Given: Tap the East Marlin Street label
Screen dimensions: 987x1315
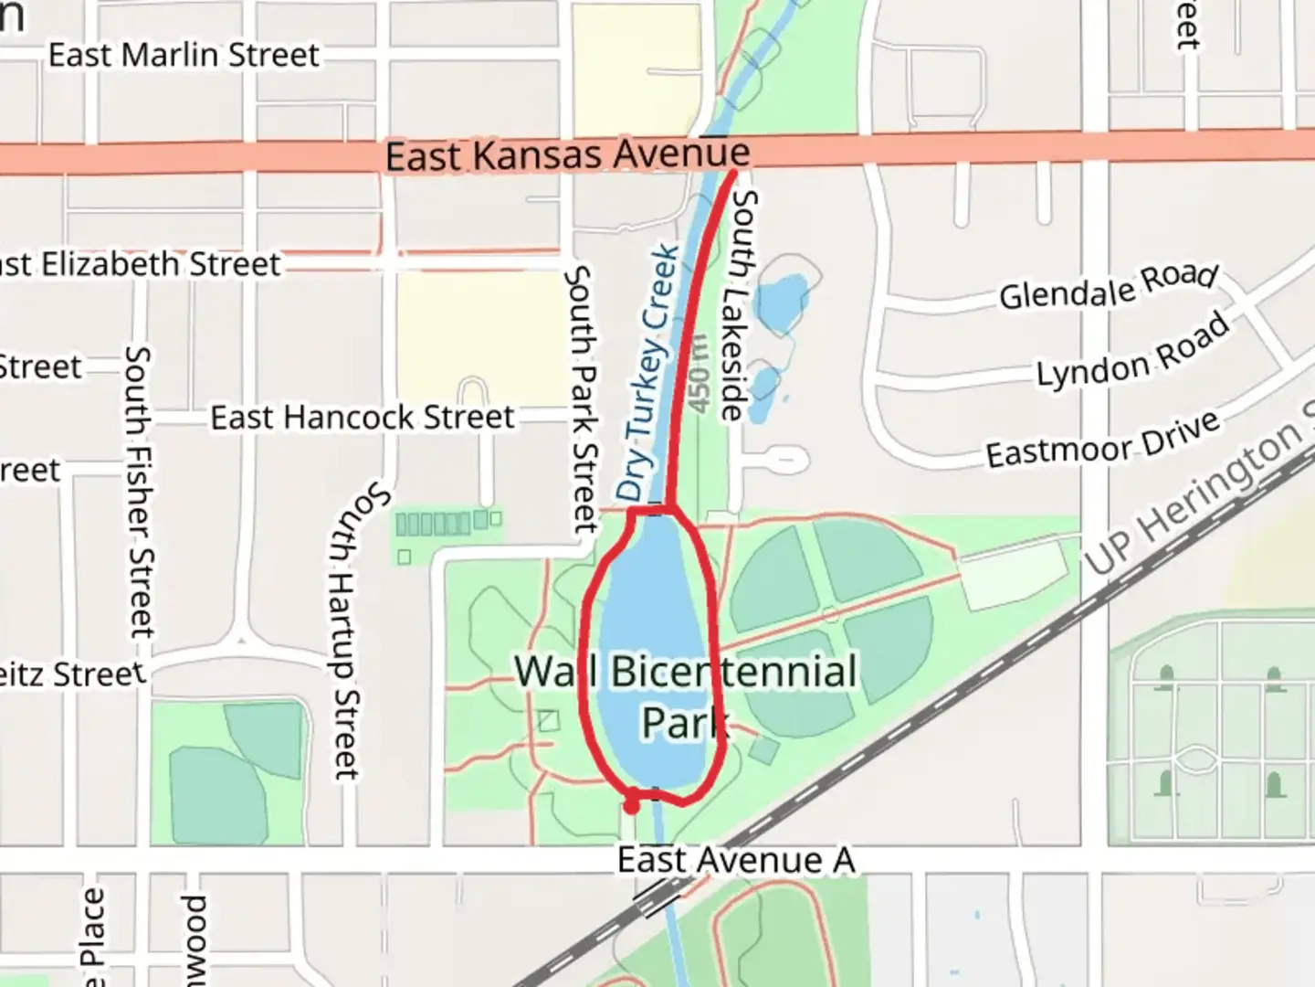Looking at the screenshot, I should tap(184, 55).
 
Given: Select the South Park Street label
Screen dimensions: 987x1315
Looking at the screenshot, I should tap(582, 399).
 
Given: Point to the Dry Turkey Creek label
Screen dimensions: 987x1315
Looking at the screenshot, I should tap(649, 373).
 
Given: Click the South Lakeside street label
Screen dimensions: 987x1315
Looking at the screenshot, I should tap(738, 305).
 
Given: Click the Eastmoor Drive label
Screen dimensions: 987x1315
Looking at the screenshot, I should tap(1102, 440).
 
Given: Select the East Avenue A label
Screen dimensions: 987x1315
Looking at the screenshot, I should tap(736, 860).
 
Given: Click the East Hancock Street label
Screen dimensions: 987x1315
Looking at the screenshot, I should tap(363, 418).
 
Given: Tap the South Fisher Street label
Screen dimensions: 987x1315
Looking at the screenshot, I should tap(139, 491).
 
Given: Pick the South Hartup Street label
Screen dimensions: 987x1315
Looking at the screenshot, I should tap(352, 631).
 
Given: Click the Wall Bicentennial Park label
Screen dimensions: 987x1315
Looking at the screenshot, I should tap(685, 695).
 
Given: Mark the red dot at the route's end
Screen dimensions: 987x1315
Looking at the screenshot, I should tap(631, 805).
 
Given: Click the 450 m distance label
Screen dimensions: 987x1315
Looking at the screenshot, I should tap(699, 375).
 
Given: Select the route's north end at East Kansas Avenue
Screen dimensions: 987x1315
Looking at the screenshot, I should tap(734, 171).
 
